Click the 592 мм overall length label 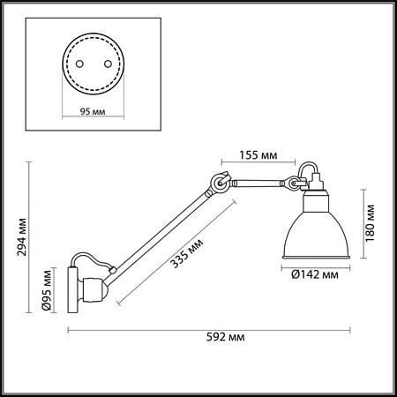223,338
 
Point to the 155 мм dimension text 258,155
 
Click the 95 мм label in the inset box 86,113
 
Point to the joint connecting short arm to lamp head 288,184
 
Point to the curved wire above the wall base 93,260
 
